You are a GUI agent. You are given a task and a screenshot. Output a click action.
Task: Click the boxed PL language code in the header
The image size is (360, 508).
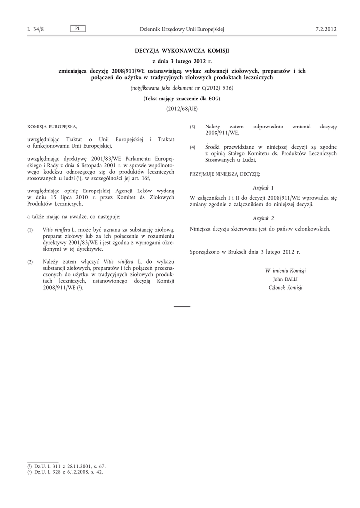tap(78, 29)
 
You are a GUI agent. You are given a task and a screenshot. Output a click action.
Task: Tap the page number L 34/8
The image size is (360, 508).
tap(36, 29)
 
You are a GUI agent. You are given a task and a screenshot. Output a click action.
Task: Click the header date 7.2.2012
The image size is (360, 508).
tap(326, 29)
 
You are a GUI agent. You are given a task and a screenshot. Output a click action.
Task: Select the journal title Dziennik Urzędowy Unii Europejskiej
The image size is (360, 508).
tap(182, 29)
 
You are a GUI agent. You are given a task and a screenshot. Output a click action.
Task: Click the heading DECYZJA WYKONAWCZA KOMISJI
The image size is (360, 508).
tap(182, 51)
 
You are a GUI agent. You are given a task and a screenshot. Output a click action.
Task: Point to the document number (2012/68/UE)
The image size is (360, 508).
tap(182, 108)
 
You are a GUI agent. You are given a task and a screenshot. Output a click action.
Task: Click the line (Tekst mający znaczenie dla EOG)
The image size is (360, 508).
tap(182, 98)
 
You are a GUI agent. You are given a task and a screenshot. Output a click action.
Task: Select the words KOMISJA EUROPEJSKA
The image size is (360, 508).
tap(53, 127)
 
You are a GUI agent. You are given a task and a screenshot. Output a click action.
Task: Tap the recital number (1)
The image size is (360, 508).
tap(30, 230)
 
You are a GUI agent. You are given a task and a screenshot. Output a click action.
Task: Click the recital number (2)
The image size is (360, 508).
tap(30, 261)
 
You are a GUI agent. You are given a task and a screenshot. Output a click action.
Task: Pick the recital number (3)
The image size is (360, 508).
tap(193, 127)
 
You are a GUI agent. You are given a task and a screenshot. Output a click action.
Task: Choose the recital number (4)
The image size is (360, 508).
tap(193, 147)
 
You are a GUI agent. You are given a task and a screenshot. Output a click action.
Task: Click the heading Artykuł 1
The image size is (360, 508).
tap(263, 188)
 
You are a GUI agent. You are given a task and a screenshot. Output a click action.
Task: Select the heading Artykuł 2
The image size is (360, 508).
tap(263, 218)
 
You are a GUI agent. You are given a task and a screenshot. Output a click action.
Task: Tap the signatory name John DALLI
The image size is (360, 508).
tap(285, 279)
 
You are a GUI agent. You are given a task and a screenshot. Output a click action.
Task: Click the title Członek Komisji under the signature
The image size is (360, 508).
tap(285, 288)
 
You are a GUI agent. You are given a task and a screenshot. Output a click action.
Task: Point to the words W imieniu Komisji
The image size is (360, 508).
tap(285, 271)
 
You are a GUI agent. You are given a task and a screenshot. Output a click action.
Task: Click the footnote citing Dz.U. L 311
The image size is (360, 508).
tap(67, 466)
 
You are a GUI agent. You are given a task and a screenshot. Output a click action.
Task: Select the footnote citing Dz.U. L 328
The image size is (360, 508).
tap(67, 472)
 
